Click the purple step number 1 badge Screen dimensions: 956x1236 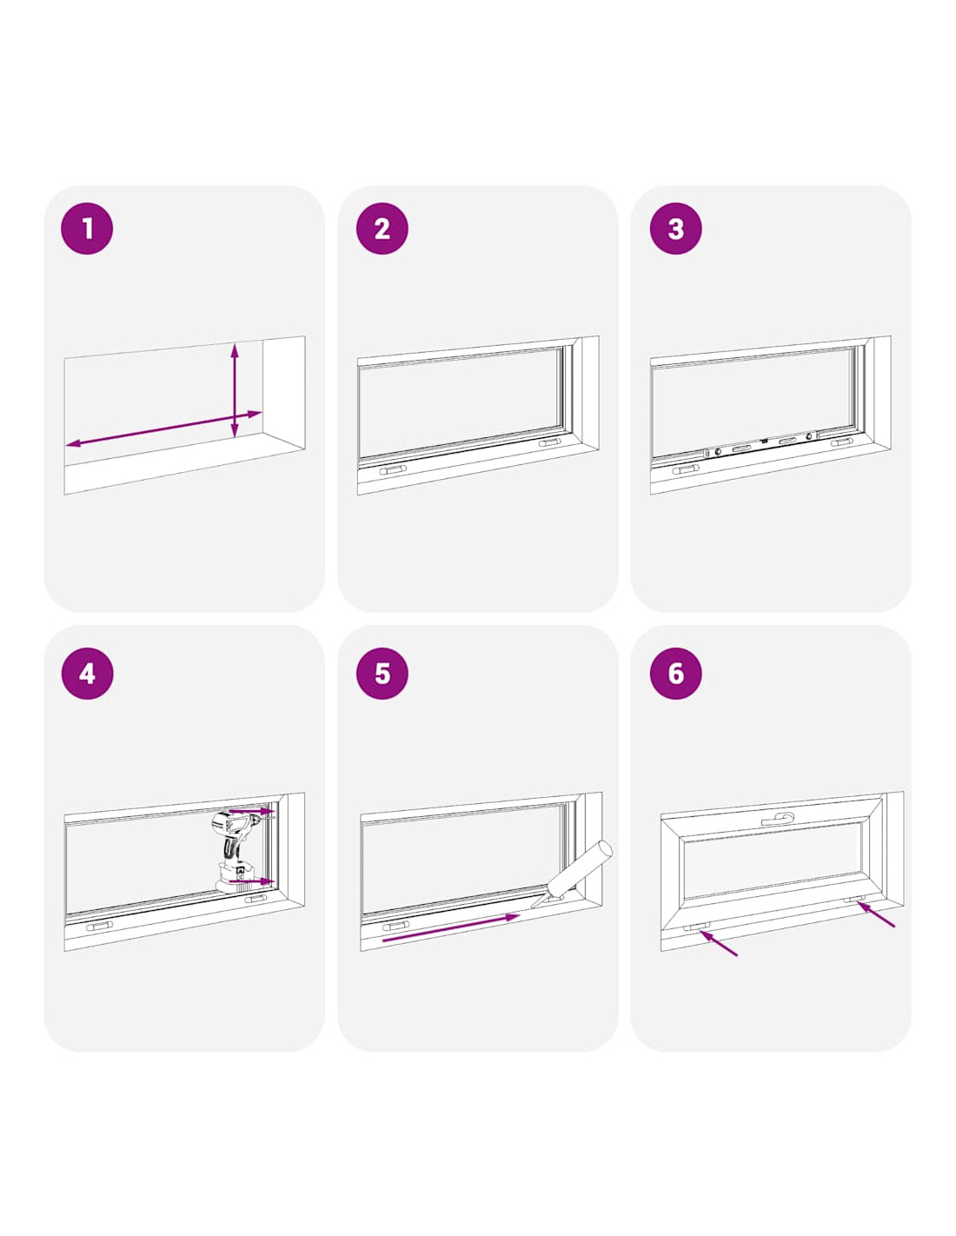point(87,228)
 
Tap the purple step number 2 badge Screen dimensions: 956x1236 point(382,228)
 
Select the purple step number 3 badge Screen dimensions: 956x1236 point(675,228)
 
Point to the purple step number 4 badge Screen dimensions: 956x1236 point(87,674)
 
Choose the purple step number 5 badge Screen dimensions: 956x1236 point(382,674)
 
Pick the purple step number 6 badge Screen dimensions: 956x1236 point(675,674)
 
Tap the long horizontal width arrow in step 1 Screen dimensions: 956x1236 point(163,429)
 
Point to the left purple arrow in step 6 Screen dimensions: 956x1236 point(718,943)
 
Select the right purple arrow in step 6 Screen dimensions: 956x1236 point(876,914)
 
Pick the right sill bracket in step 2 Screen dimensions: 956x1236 point(550,442)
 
